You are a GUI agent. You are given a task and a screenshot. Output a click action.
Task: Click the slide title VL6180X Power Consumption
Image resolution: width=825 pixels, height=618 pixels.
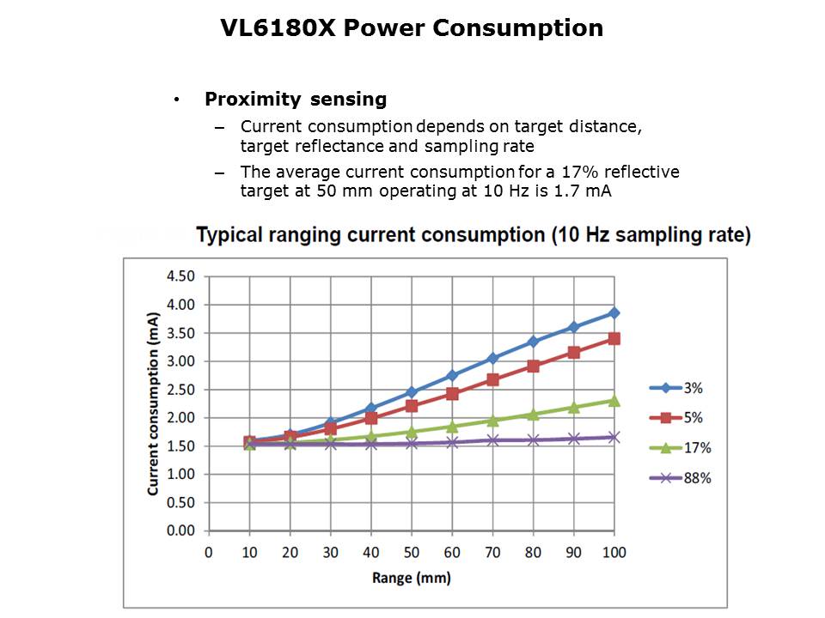(412, 28)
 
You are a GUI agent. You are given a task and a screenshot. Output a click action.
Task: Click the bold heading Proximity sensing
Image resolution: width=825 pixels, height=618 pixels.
(295, 99)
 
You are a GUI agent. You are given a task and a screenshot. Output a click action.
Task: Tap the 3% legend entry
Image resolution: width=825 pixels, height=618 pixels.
(693, 388)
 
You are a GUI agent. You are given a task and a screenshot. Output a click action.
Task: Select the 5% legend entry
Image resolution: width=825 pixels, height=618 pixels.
(693, 418)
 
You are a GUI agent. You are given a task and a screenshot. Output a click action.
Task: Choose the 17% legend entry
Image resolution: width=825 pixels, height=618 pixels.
(696, 448)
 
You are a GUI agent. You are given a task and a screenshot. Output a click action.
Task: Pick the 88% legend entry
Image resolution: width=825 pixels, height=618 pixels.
(696, 478)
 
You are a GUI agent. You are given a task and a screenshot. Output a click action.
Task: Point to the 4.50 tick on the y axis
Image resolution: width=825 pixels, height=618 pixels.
(180, 276)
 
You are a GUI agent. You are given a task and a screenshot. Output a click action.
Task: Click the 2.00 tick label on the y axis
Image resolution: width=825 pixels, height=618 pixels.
(180, 418)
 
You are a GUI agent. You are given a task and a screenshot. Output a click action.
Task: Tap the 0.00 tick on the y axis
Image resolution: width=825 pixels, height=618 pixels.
(180, 530)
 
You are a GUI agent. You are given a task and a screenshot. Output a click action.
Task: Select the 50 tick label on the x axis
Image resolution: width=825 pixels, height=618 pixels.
(412, 552)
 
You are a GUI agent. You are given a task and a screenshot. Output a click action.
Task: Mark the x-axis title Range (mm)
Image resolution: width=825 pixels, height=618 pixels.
(411, 578)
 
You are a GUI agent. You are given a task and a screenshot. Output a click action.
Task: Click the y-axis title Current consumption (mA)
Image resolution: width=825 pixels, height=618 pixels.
(153, 403)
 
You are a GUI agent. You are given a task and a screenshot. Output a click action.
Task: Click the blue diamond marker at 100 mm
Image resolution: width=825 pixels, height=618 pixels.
(614, 312)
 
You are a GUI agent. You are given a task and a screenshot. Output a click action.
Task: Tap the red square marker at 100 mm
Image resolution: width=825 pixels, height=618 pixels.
(614, 338)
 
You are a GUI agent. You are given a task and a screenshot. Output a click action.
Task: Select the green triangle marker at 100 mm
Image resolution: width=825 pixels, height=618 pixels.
(614, 400)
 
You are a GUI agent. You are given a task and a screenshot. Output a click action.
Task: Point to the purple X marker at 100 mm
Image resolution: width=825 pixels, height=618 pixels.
(614, 437)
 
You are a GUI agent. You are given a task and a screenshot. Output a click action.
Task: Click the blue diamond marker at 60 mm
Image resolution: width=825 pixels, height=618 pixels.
(452, 375)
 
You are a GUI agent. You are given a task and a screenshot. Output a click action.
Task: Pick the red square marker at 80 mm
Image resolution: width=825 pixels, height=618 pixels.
(533, 366)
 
